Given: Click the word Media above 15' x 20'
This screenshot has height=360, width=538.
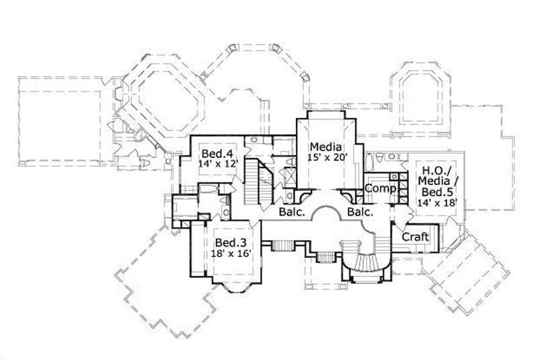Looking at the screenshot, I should click(x=325, y=147).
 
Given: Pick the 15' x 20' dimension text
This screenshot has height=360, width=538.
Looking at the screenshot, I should click(x=325, y=158).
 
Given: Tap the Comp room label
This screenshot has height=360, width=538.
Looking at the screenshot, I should click(x=380, y=189).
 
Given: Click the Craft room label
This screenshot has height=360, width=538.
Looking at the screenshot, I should click(x=415, y=237).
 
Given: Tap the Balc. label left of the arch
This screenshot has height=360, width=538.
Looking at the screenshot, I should click(x=293, y=213).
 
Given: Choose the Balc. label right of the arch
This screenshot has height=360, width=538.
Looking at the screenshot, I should click(x=360, y=213).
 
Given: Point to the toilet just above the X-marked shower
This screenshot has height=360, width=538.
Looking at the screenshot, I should click(x=287, y=162).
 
